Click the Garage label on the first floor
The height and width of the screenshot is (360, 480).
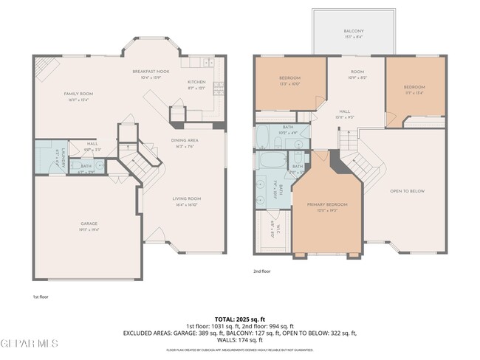point(89,224)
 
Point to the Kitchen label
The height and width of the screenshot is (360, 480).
point(196,82)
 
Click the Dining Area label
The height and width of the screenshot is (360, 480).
point(185,142)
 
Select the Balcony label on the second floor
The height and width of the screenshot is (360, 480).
point(353,31)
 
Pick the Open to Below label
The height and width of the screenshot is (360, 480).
point(407,191)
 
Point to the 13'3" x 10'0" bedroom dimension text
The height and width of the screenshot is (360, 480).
point(289,83)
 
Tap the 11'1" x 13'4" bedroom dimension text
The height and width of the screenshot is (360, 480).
point(414,93)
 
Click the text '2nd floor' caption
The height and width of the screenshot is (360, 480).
point(261,271)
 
